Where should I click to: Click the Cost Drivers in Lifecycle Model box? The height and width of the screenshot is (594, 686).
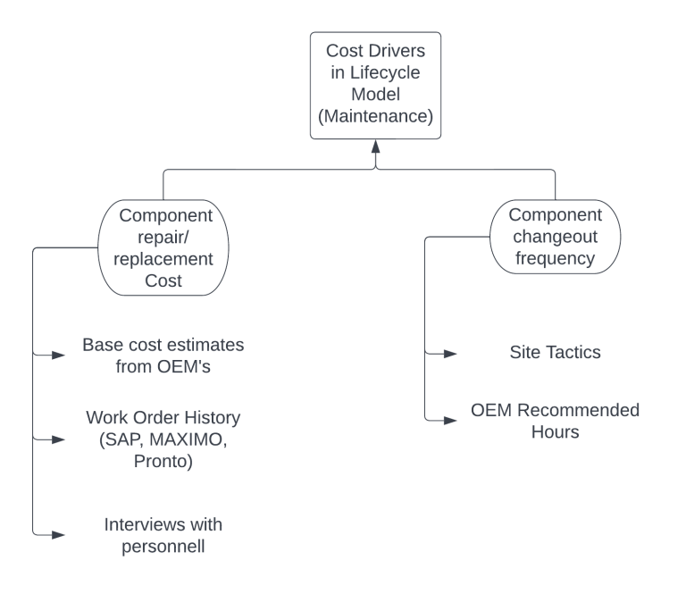tap(375, 85)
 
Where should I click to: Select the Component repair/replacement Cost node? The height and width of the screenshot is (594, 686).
tap(164, 247)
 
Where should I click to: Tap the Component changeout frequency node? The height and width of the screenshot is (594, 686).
tap(555, 237)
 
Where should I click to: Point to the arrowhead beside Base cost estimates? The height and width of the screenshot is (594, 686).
tap(59, 356)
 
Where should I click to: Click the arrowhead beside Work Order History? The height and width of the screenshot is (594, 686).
tap(59, 439)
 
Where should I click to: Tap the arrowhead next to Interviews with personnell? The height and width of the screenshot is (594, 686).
tap(59, 534)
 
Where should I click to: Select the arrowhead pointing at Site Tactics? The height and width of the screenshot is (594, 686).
tap(451, 354)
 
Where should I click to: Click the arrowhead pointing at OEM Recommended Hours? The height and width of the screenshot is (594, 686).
tap(451, 419)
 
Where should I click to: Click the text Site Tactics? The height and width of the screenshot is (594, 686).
tap(555, 352)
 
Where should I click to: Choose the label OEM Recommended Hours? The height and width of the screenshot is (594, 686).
tap(555, 421)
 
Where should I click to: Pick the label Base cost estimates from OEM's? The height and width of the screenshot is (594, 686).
tap(163, 355)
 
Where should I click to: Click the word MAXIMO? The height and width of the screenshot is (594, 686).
tap(191, 439)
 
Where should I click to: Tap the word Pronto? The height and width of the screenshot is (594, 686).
tap(163, 461)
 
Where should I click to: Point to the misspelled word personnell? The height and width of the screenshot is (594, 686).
tap(163, 545)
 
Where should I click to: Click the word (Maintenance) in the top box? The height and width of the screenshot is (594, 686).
tap(375, 116)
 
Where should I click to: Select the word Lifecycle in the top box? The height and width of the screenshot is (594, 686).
tap(386, 72)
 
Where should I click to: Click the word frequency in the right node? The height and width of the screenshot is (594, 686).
tap(555, 259)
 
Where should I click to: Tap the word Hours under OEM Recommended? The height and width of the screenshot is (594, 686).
tap(555, 432)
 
